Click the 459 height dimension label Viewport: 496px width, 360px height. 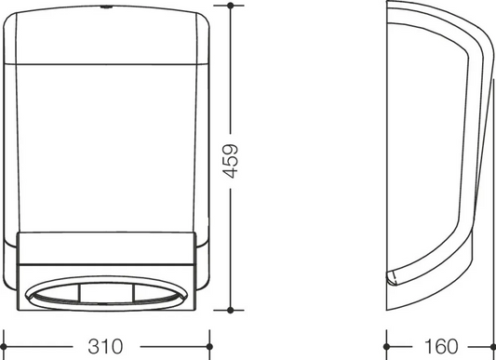[x=230, y=161]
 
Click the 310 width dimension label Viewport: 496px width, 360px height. [x=105, y=346]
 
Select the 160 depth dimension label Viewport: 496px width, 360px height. [x=441, y=346]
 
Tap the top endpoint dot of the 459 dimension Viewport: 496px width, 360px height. [x=230, y=6]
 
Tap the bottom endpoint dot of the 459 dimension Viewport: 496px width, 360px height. [x=230, y=310]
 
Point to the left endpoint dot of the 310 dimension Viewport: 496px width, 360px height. [x=3, y=347]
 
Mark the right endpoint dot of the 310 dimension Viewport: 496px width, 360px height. [x=209, y=347]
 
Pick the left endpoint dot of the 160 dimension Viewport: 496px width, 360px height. [x=386, y=347]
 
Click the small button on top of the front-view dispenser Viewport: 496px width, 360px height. [x=105, y=7]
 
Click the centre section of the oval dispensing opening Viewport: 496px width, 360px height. [x=107, y=293]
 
